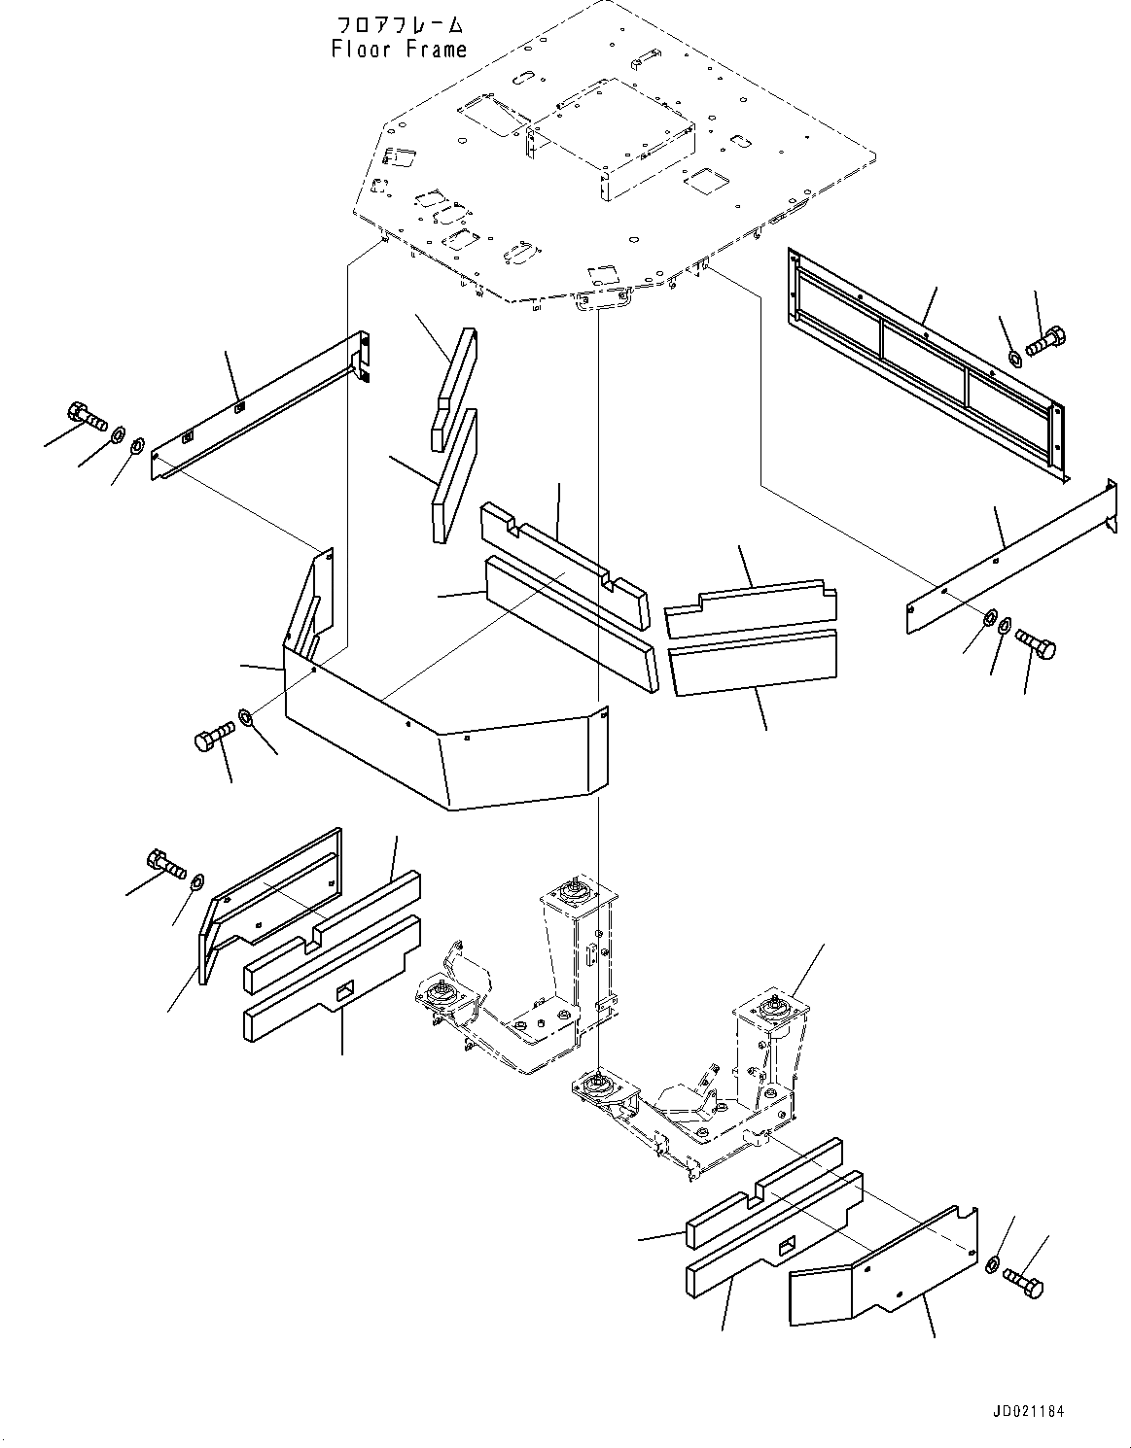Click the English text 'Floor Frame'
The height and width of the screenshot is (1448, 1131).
pos(399,49)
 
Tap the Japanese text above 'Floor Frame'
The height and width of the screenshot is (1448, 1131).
pos(399,23)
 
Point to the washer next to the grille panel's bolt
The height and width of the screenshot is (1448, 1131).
pos(1014,358)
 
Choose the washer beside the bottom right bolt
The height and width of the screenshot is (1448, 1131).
pos(991,1264)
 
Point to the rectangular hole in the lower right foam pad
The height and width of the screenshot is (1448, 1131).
pos(790,1244)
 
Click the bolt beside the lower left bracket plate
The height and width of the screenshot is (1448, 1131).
pos(164,863)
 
